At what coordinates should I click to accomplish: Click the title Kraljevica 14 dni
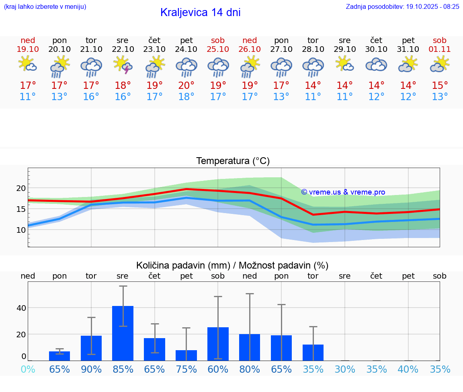[x=200, y=12]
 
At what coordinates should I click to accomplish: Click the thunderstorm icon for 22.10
[x=123, y=65]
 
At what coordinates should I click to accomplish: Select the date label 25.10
[x=218, y=49]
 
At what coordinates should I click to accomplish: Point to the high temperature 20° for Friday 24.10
[x=186, y=85]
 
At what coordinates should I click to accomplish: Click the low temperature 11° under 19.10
[x=28, y=96]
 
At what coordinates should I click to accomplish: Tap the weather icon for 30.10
[x=376, y=65]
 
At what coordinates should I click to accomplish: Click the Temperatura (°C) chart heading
[x=233, y=161]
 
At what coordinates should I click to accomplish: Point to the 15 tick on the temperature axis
[x=21, y=209]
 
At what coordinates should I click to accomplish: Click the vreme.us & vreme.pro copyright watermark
[x=343, y=192]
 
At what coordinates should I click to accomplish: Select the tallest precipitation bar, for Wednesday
[x=123, y=333]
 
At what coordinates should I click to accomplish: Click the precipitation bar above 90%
[x=91, y=348]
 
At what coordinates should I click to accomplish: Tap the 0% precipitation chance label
[x=28, y=369]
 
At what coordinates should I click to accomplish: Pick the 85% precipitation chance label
[x=123, y=369]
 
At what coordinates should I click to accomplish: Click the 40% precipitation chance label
[x=408, y=369]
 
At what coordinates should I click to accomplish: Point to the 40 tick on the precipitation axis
[x=21, y=308]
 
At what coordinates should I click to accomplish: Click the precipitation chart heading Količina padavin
[x=232, y=265]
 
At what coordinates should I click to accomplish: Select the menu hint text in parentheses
[x=45, y=6]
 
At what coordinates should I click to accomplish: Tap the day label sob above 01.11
[x=440, y=40]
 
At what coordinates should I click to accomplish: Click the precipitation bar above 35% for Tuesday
[x=313, y=352]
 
